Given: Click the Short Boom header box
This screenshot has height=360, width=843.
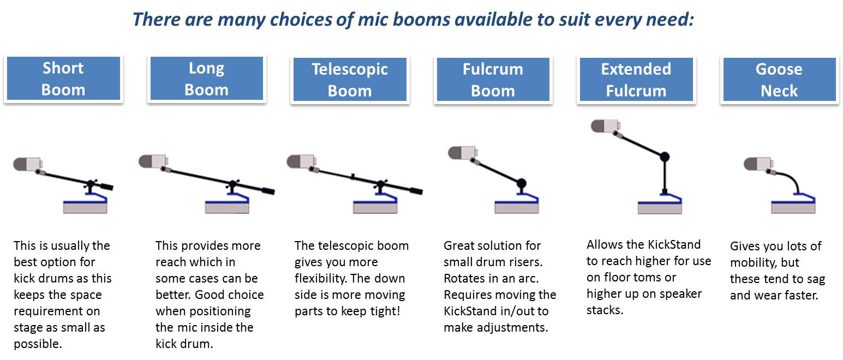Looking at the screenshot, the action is pyautogui.click(x=63, y=78).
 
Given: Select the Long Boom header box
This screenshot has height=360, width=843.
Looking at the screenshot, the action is pyautogui.click(x=207, y=78).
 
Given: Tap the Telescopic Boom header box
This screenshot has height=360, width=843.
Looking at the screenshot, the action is pyautogui.click(x=350, y=79).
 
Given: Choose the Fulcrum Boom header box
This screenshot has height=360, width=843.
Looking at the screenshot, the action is pyautogui.click(x=493, y=79).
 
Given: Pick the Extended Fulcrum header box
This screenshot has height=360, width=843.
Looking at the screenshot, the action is pyautogui.click(x=636, y=79).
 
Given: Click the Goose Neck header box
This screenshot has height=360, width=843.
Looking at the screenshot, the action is pyautogui.click(x=779, y=79).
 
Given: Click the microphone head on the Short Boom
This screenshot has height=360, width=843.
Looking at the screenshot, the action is pyautogui.click(x=27, y=164).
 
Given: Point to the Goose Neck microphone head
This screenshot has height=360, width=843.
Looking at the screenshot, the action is pyautogui.click(x=758, y=164).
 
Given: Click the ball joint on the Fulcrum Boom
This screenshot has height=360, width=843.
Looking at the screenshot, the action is pyautogui.click(x=521, y=183).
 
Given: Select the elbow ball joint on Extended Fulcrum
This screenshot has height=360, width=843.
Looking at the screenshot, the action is pyautogui.click(x=665, y=157).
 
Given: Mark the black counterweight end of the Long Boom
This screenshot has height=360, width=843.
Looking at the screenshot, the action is pyautogui.click(x=268, y=191).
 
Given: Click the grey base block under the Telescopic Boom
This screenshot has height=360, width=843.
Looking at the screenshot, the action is pyautogui.click(x=375, y=208).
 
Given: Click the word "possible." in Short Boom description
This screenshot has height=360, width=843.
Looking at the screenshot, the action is pyautogui.click(x=38, y=344).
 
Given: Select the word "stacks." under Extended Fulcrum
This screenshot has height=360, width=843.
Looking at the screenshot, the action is pyautogui.click(x=605, y=310).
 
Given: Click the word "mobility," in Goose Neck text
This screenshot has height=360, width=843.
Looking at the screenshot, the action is pyautogui.click(x=754, y=262).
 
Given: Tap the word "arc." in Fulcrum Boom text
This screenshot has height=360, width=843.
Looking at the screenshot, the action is pyautogui.click(x=528, y=278).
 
